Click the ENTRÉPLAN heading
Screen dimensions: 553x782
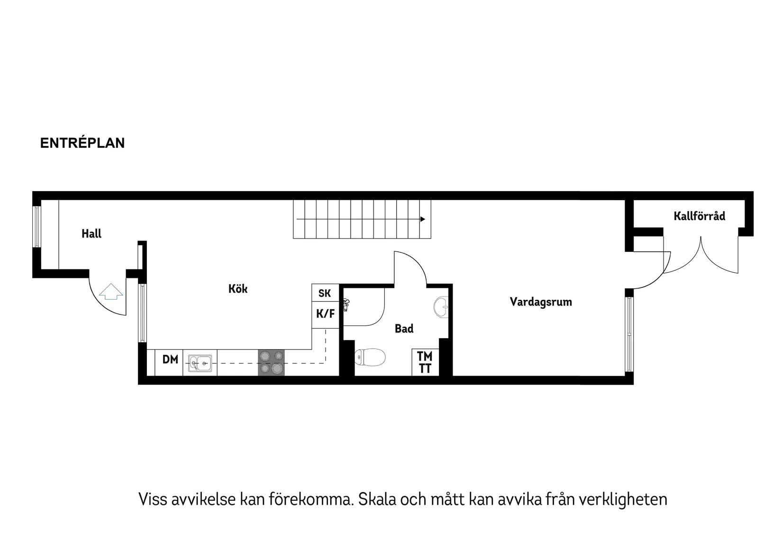point(82,143)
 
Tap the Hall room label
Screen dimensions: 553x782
point(91,233)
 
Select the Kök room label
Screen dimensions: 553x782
point(238,289)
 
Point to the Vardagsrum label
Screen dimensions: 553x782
point(541,302)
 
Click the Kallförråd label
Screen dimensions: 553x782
point(699,216)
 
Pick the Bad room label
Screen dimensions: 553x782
point(404,328)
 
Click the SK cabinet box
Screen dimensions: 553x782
point(325,293)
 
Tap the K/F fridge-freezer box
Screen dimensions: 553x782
point(325,314)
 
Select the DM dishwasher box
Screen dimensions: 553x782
point(170,359)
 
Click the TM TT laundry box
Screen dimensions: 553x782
point(425,362)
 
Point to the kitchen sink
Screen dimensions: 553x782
point(200,363)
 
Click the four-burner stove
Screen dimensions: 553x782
point(271,363)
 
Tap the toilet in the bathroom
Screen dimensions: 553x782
point(370,358)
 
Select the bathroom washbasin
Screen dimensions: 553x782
point(441,307)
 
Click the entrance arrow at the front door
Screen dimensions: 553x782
point(111,291)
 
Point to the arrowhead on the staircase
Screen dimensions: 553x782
point(423,219)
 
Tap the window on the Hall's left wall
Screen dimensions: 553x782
point(36,227)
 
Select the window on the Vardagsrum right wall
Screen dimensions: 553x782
point(629,334)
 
